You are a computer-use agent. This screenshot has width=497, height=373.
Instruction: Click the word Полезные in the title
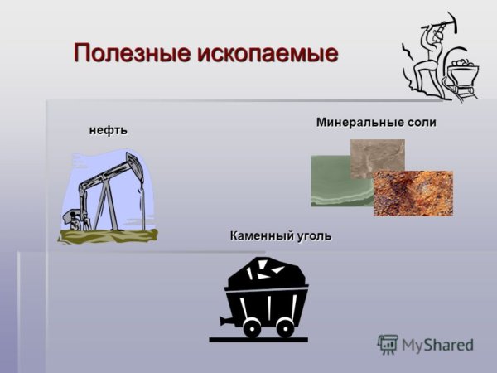tap(133, 53)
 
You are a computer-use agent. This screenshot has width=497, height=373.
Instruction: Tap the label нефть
tap(109, 130)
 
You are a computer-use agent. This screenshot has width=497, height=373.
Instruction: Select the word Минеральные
tap(356, 123)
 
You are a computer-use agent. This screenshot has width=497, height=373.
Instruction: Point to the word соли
tap(419, 123)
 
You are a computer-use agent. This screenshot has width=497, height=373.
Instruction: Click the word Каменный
tap(261, 236)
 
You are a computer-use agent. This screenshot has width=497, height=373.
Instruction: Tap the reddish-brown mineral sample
tap(414, 195)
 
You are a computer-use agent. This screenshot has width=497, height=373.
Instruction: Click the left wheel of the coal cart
tap(250, 328)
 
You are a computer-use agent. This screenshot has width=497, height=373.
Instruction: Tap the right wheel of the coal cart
tap(285, 328)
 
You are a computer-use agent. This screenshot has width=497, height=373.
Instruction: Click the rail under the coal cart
tap(258, 339)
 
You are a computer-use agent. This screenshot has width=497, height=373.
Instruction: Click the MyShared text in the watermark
tap(437, 345)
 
